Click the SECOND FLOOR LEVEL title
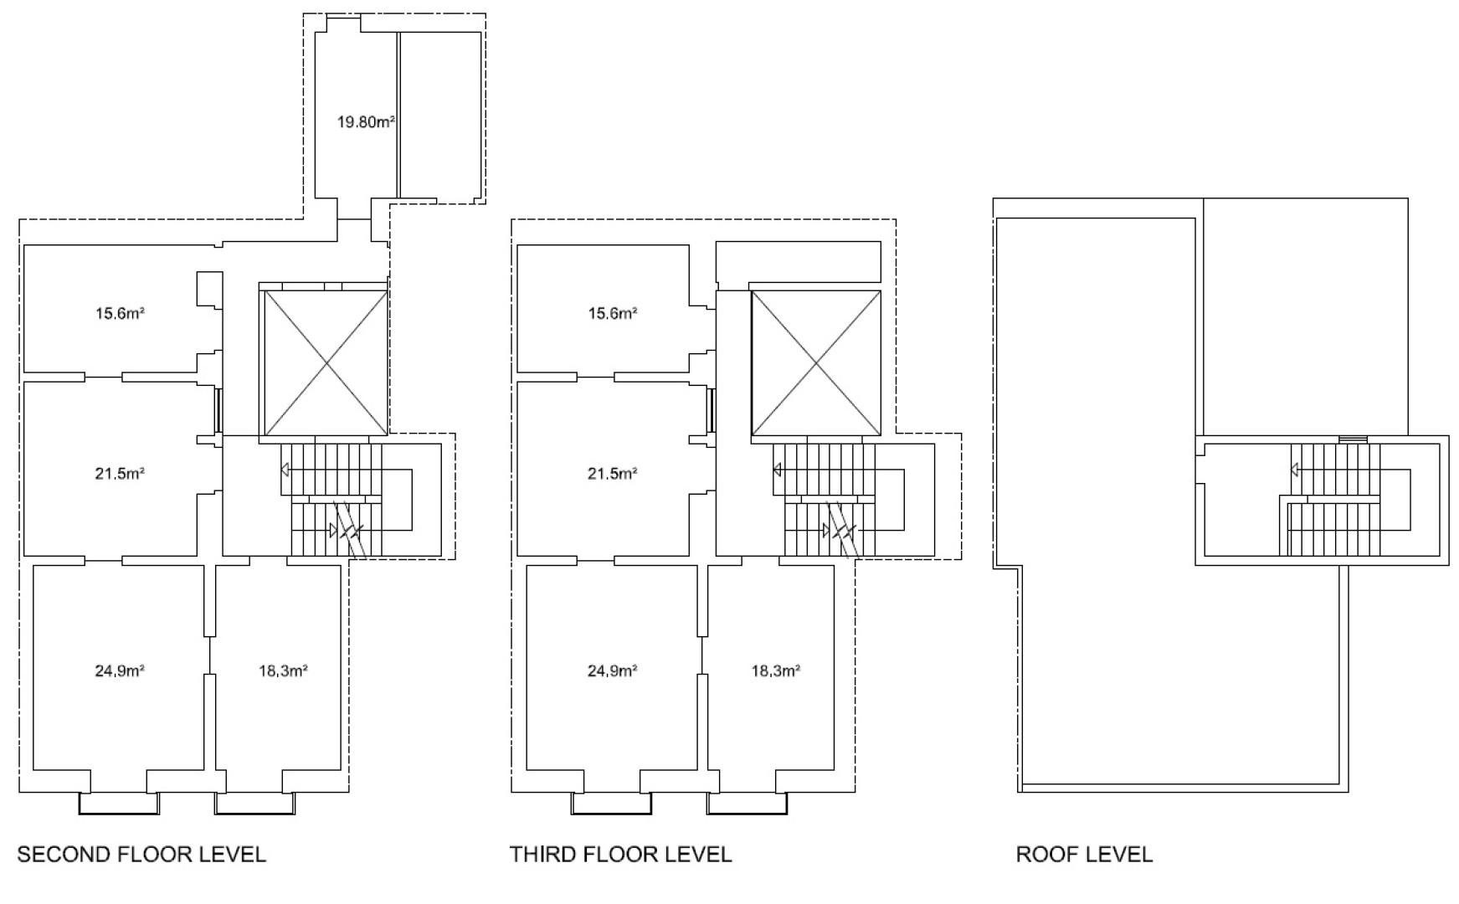pos(141,855)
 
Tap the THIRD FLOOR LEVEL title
pos(620,855)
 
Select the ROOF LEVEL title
pos(1084,855)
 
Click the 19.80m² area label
pos(366,122)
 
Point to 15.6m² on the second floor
pos(120,314)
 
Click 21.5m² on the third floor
pos(613,474)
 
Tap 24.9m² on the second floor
pos(120,670)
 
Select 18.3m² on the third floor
pos(775,670)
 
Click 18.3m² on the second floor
pos(283,670)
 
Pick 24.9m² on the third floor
pos(613,670)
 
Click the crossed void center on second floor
pos(326,362)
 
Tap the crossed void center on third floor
pos(817,362)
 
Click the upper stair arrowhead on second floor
pos(285,470)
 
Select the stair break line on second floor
pos(350,530)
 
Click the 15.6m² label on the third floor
pos(613,314)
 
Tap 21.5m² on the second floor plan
pos(120,474)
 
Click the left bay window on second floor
pos(119,804)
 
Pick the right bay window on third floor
pos(747,804)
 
